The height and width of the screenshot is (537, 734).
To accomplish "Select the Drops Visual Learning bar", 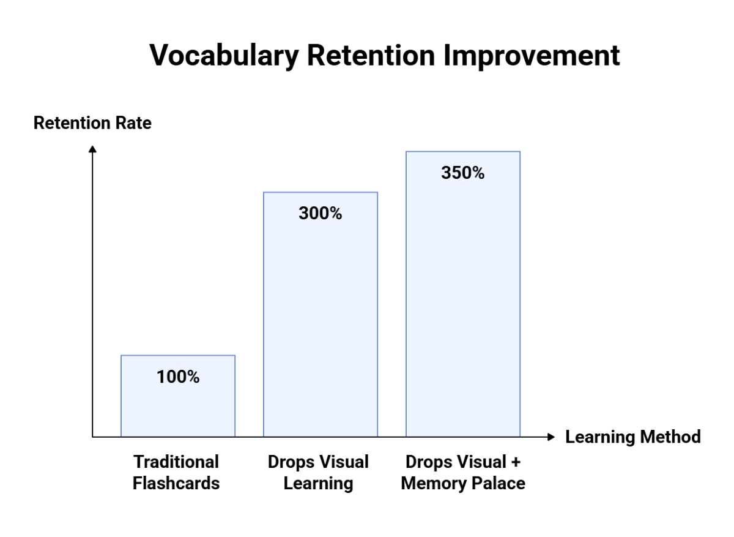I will coord(321,325).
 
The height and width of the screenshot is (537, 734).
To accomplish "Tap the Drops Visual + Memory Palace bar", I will coord(463,306).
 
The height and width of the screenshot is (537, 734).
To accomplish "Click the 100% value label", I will coord(178,377).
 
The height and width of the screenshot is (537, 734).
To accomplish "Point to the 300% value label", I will coord(321,214).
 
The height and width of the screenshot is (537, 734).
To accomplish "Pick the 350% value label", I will coord(463,173).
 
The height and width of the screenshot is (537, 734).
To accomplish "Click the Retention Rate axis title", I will coord(92,123).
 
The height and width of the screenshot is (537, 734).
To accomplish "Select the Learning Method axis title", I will coord(632,437).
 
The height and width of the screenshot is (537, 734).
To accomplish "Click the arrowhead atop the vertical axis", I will coord(92,149).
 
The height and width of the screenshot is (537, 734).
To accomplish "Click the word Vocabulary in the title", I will coord(224,56).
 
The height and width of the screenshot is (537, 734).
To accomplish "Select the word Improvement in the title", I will coord(532,56).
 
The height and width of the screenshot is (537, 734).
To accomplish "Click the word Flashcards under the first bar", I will coord(176,483).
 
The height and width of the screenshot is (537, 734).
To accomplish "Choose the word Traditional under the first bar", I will coord(176,462).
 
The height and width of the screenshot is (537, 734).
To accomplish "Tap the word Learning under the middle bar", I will coord(319,483).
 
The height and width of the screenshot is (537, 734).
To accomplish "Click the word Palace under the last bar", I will coord(498,483).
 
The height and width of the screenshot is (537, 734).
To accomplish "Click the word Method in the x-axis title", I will coord(670,437).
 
